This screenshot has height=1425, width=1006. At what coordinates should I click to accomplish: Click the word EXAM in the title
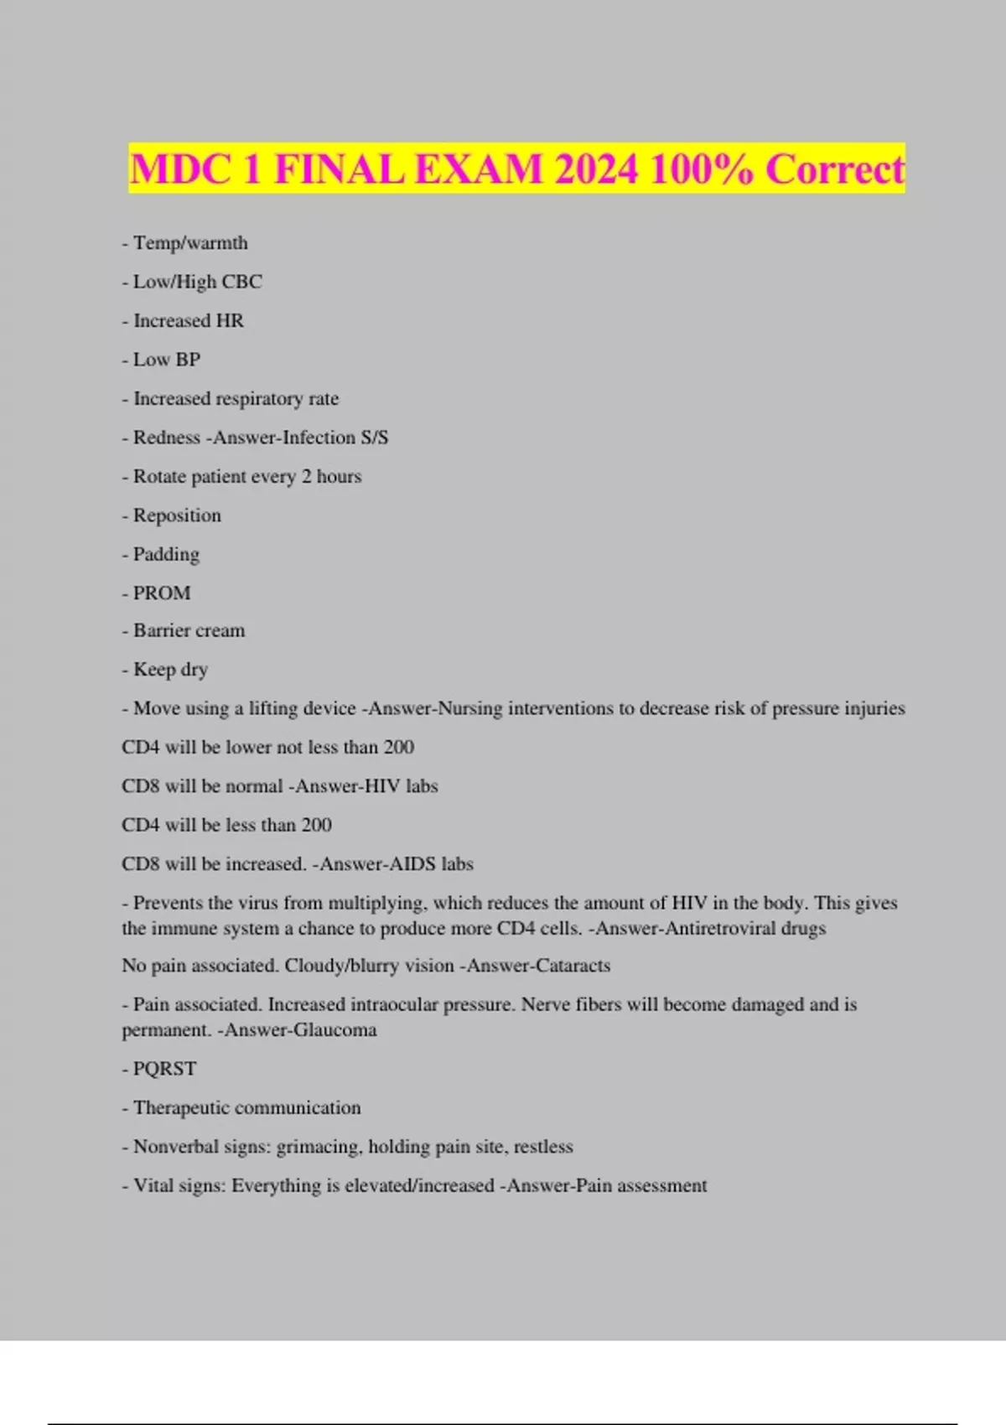pos(479,169)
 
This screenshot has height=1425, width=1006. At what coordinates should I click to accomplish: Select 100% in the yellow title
pos(702,169)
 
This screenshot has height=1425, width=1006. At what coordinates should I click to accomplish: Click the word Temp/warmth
pos(190,243)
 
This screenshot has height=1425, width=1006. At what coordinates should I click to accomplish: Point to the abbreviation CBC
pos(241,282)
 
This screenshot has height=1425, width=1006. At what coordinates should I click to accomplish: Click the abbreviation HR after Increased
pos(230,320)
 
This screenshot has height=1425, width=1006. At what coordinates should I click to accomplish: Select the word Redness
pos(167,438)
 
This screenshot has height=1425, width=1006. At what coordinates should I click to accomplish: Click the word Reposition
pos(177,516)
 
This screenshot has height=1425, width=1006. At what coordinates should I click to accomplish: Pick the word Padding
pos(166,554)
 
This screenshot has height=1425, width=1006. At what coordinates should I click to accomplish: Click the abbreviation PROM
pos(162,593)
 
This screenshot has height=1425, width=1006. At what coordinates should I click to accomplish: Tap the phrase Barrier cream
pos(189,630)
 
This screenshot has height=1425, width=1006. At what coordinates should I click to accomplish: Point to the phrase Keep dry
pos(170,670)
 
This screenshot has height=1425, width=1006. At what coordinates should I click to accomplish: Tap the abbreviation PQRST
pos(164,1069)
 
